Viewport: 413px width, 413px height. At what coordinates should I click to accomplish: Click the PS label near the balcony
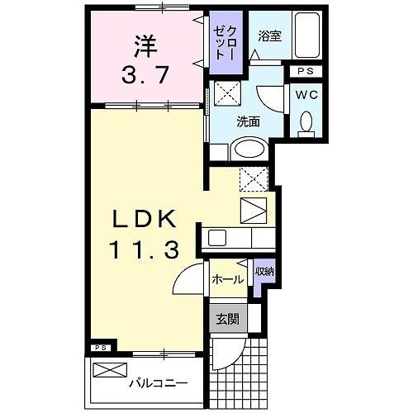point(98,347)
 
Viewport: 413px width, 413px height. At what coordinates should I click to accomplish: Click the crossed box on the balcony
point(109,370)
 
